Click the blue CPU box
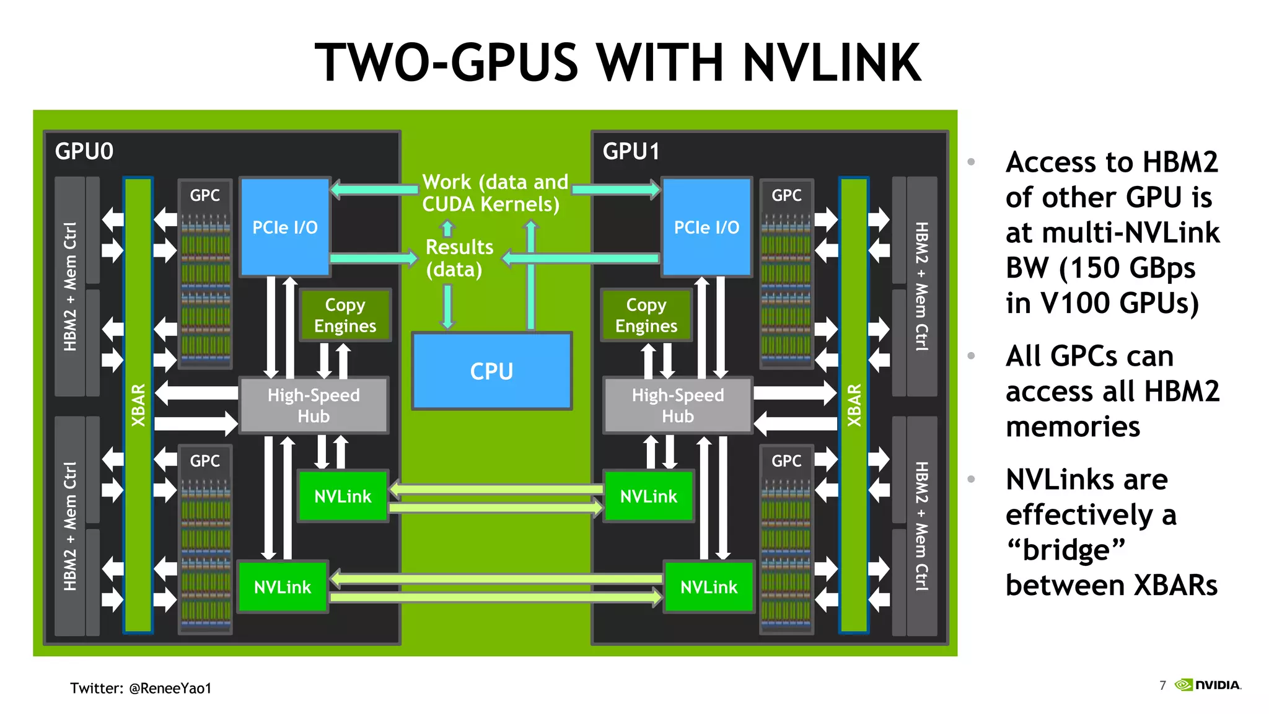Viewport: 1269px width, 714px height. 491,371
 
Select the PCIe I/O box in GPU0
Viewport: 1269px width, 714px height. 284,227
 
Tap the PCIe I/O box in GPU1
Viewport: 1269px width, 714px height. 706,227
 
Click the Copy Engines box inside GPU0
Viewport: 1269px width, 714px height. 345,315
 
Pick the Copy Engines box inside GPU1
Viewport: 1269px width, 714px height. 646,315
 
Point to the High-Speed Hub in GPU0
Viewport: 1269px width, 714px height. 314,405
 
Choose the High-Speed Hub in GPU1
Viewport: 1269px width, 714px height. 677,405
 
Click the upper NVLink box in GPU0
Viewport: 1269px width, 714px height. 343,496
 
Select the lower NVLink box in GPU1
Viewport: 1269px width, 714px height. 709,586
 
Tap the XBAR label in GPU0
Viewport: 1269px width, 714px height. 138,405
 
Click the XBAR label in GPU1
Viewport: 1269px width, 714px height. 854,405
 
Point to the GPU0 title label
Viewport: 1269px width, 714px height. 84,151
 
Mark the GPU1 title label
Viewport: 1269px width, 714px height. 631,151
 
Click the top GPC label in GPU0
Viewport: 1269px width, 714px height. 204,195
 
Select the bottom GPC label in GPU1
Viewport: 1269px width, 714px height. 786,461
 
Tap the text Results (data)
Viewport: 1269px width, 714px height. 459,258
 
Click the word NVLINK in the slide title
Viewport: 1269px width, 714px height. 832,63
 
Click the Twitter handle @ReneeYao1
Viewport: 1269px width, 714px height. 170,688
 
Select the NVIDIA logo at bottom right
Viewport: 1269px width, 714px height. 1208,685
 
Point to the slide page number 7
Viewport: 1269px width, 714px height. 1162,685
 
